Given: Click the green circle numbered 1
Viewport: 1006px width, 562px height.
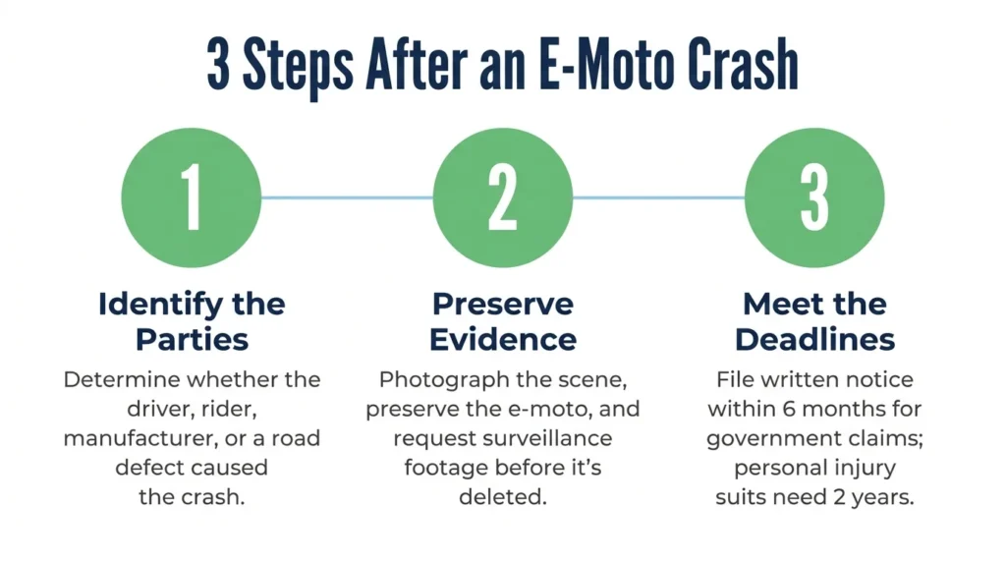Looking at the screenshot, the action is point(192,197).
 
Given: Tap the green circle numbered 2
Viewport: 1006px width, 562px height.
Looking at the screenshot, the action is point(503,197).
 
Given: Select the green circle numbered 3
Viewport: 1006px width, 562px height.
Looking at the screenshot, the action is point(814,197).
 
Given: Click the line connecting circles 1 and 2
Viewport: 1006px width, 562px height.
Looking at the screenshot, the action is point(347,197).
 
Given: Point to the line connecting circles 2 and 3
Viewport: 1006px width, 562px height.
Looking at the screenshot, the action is point(659,197).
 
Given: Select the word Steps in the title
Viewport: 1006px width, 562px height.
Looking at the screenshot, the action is point(298,68).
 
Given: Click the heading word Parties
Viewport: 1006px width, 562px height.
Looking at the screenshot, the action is point(192,340).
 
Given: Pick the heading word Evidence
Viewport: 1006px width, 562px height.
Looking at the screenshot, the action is point(503,340).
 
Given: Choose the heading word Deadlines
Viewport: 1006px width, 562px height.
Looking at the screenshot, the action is point(814,340).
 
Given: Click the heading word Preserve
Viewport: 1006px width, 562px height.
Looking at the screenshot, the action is point(503,305).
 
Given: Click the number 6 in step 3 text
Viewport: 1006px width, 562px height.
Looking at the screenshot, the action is point(789,409).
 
